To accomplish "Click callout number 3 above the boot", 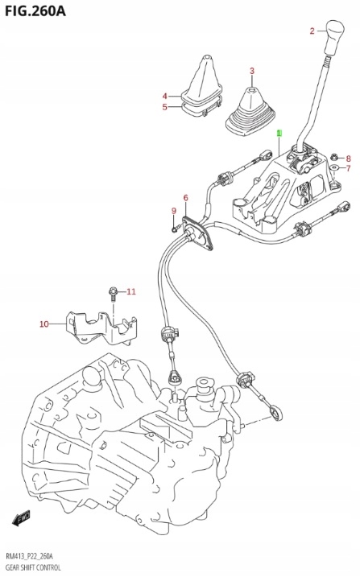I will [x=251, y=72].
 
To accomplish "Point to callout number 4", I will [x=165, y=96].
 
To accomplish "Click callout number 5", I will [x=165, y=106].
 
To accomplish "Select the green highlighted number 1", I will [x=279, y=132].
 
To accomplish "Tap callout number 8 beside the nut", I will [x=348, y=158].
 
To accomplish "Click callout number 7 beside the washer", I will [x=348, y=169].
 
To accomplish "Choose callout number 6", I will [x=185, y=198].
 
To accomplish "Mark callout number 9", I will [x=172, y=211].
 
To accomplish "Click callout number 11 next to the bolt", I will [x=131, y=291].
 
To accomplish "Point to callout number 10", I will [x=44, y=324].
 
